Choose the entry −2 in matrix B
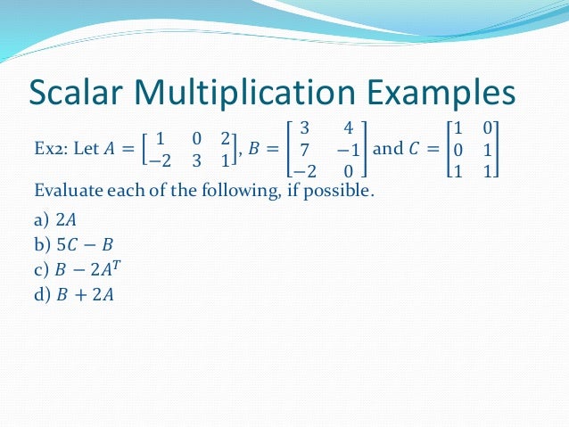[302, 169]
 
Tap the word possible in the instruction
[335, 189]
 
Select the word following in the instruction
[220, 189]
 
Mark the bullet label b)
[41, 244]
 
